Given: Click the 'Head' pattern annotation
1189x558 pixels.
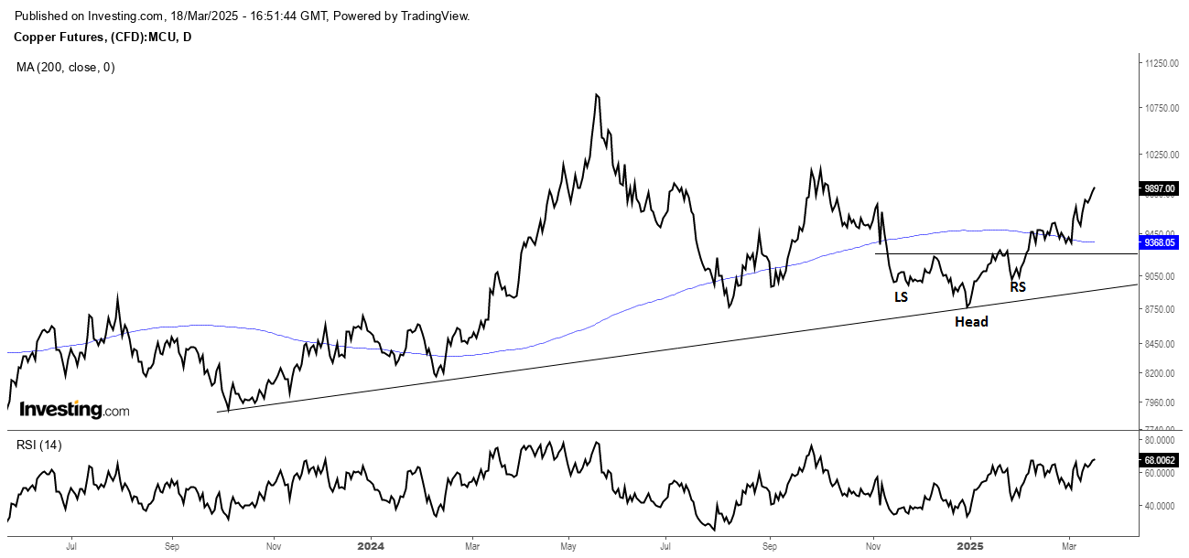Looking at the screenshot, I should pyautogui.click(x=971, y=322).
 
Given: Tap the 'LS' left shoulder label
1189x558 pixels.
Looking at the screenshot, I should pyautogui.click(x=902, y=297).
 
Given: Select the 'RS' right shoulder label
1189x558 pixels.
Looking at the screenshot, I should pyautogui.click(x=1018, y=287).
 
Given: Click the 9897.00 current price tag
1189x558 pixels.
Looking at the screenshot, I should pyautogui.click(x=1159, y=188).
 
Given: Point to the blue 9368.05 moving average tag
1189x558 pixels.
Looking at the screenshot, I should pyautogui.click(x=1159, y=243).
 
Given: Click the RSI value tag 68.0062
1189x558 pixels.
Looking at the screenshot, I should pyautogui.click(x=1160, y=462).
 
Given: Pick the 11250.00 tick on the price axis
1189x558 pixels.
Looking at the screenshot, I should pyautogui.click(x=1159, y=63).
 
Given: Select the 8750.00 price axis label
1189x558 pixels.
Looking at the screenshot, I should pyautogui.click(x=1157, y=310).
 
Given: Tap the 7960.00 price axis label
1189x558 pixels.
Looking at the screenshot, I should pyautogui.click(x=1157, y=402).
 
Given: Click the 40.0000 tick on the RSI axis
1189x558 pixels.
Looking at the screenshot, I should pyautogui.click(x=1157, y=506).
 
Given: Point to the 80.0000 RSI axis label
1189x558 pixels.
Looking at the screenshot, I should pyautogui.click(x=1157, y=441).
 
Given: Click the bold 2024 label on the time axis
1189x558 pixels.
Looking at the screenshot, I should pyautogui.click(x=371, y=546).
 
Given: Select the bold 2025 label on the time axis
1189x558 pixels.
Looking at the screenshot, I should pyautogui.click(x=969, y=546).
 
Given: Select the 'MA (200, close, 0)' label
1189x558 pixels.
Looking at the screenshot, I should pyautogui.click(x=66, y=67).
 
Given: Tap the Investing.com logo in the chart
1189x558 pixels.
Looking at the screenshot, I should pyautogui.click(x=74, y=410).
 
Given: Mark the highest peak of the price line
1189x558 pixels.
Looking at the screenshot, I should pyautogui.click(x=597, y=94).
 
